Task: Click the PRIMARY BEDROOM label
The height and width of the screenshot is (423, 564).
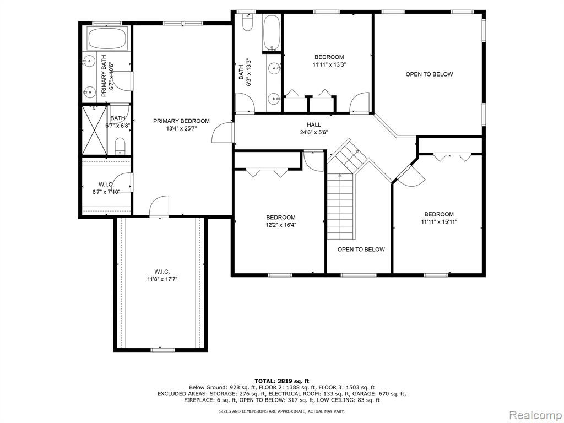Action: [x=181, y=121]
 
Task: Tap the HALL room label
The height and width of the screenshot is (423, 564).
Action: [x=313, y=125]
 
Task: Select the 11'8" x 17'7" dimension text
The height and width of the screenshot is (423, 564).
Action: [x=162, y=279]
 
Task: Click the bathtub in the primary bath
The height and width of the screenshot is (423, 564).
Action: [x=107, y=39]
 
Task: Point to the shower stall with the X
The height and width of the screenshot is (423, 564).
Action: [x=95, y=130]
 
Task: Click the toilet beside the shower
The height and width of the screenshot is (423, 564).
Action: [x=120, y=147]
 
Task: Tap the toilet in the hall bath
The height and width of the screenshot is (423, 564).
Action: [x=247, y=22]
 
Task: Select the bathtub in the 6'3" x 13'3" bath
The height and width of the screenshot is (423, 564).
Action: [x=272, y=32]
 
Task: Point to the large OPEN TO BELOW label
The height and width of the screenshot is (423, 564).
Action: [x=429, y=74]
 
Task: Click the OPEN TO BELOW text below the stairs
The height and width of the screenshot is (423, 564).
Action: [x=361, y=250]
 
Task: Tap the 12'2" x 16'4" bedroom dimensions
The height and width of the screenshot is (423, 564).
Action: [x=281, y=225]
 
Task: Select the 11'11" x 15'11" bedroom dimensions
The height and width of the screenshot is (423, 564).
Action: [x=439, y=222]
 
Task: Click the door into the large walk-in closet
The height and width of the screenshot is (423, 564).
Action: [x=159, y=206]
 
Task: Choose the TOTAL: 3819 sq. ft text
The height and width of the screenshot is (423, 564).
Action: [x=281, y=381]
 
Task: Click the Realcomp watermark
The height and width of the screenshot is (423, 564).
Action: [x=535, y=415]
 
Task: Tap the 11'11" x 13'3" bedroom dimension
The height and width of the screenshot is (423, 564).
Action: [x=329, y=65]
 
